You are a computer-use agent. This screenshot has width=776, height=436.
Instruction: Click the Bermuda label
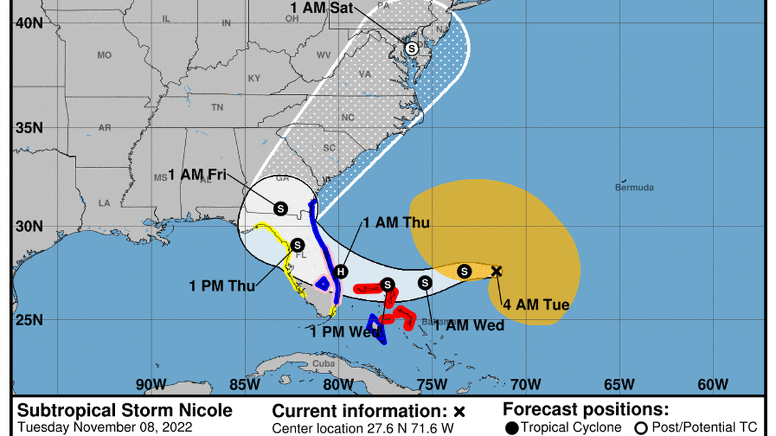point(634,187)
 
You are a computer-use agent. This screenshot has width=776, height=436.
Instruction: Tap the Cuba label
point(321,363)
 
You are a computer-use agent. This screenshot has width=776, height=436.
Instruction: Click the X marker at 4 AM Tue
point(496,271)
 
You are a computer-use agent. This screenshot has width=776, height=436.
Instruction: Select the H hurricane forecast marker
point(341,271)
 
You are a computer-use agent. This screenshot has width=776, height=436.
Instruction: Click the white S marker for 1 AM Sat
point(411,48)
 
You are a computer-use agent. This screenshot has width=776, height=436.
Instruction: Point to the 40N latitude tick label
point(29,22)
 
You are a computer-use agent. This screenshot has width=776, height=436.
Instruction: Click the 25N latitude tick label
point(29,319)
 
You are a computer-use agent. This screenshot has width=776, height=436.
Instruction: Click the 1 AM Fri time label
point(197,174)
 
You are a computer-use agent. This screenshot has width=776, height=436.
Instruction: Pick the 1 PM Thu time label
point(222,286)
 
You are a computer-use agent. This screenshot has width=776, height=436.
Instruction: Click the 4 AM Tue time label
point(536,304)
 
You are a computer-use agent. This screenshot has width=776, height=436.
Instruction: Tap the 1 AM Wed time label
point(469,326)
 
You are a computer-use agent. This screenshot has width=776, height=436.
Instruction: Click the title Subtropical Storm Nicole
point(125,411)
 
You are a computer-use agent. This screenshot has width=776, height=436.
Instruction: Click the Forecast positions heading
point(585,410)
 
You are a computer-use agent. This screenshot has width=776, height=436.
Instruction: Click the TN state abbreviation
point(217,107)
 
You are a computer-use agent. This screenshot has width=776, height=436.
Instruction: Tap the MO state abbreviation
point(104,55)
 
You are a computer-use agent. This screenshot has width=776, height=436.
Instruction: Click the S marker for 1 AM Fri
point(280,207)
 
